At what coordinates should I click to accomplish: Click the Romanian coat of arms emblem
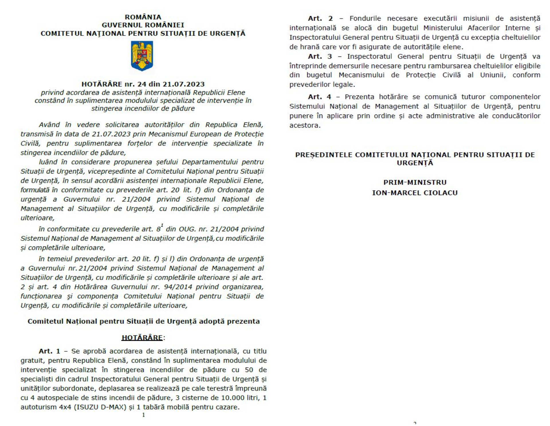point(142,56)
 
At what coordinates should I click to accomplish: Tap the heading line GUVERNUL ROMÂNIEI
point(143,25)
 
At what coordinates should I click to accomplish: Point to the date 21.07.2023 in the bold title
point(184,84)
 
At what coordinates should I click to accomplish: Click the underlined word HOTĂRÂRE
point(142,338)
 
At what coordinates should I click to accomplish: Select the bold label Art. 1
point(50,351)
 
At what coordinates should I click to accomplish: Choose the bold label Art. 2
point(320,19)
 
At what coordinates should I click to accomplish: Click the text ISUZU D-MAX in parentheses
point(100,407)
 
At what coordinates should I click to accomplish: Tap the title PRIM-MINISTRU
point(415,182)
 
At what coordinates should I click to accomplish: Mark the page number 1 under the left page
point(144,415)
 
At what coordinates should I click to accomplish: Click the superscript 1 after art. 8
point(162,225)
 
